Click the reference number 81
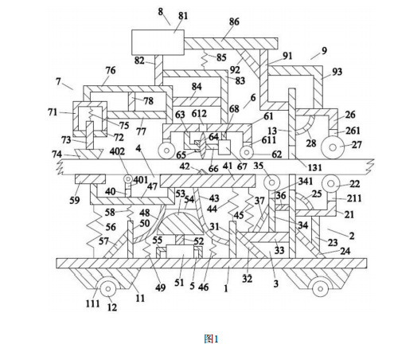pyautogui.click(x=183, y=16)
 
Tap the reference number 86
pyautogui.click(x=234, y=22)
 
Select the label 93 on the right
pyautogui.click(x=337, y=72)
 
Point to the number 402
pyautogui.click(x=117, y=151)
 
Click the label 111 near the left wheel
pyautogui.click(x=92, y=303)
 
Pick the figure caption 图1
pyautogui.click(x=211, y=338)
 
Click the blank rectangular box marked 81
pyautogui.click(x=158, y=42)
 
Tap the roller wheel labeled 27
pyautogui.click(x=333, y=147)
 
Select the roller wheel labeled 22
pyautogui.click(x=331, y=183)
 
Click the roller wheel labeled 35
pyautogui.click(x=271, y=182)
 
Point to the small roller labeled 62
pyautogui.click(x=247, y=152)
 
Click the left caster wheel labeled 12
pyautogui.click(x=107, y=288)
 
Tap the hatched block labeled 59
pyautogui.click(x=91, y=179)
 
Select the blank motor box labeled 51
pyautogui.click(x=180, y=252)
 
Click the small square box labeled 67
pyautogui.click(x=224, y=147)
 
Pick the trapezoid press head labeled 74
pyautogui.click(x=89, y=155)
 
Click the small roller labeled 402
pyautogui.click(x=129, y=179)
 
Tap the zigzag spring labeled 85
pyautogui.click(x=205, y=60)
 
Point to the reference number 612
pyautogui.click(x=199, y=114)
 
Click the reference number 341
pyautogui.click(x=306, y=182)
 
